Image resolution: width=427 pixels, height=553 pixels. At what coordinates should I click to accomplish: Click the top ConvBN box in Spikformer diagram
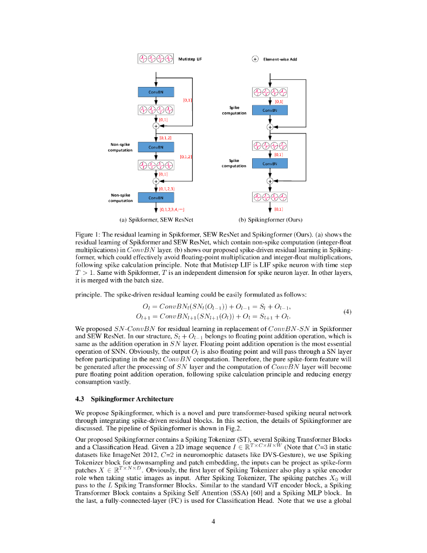(155, 92)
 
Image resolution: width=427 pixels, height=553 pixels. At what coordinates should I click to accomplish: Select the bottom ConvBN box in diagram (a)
(155, 198)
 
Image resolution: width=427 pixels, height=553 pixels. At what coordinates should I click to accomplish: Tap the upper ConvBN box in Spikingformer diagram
(269, 110)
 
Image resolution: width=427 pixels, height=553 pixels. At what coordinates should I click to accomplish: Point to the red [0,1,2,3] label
(167, 189)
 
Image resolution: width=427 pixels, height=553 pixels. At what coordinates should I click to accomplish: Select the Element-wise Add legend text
(280, 59)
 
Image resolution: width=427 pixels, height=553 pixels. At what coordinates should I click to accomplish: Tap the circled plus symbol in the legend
(255, 59)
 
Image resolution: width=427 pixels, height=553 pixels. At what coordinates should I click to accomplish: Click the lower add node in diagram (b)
(270, 181)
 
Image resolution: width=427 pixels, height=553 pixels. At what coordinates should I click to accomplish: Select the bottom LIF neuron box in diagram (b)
(269, 197)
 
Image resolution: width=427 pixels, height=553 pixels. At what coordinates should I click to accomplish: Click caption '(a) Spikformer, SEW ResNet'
(156, 220)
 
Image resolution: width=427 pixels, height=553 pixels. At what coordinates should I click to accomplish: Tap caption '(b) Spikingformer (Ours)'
(270, 220)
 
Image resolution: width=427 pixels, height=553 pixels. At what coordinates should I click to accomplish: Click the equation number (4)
(347, 312)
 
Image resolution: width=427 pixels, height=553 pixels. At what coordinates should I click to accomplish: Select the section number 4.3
(80, 399)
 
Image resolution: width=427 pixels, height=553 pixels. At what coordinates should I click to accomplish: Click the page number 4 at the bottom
(214, 521)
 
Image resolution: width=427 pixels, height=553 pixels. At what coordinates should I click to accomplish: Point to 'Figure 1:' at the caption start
(86, 234)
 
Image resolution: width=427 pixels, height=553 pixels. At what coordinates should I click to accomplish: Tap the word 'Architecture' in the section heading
(152, 399)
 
